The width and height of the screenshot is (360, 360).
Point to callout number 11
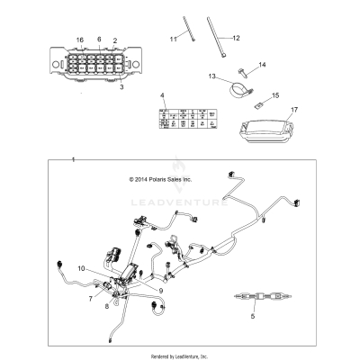[x=174, y=40]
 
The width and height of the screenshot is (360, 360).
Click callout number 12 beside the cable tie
[x=237, y=39]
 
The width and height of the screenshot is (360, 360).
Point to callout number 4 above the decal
[x=162, y=95]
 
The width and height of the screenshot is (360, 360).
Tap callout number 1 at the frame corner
[x=74, y=159]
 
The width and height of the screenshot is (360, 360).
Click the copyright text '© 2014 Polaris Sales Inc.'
[x=166, y=178]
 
